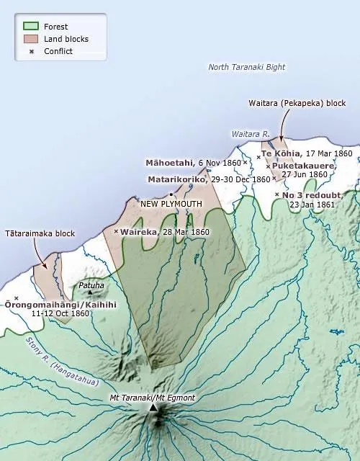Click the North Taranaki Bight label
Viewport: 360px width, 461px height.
click(247, 67)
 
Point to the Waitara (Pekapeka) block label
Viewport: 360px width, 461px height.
click(297, 103)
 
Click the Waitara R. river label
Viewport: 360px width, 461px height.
click(250, 134)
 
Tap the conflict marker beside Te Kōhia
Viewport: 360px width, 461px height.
click(258, 156)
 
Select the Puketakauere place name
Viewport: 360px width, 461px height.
click(305, 165)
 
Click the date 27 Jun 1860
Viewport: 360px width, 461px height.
click(305, 174)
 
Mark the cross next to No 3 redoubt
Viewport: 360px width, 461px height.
click(277, 194)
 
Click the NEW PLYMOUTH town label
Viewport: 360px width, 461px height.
click(171, 204)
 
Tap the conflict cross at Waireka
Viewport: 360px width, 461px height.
click(117, 231)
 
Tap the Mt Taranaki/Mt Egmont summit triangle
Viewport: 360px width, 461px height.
click(153, 408)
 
